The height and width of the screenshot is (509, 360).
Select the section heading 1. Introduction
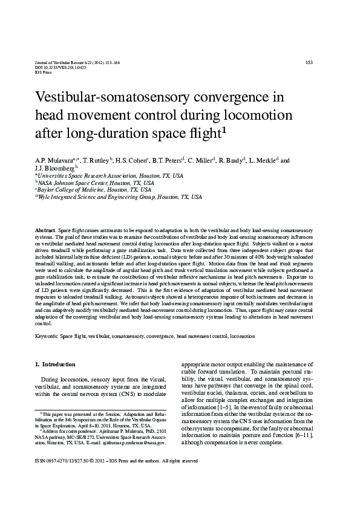[x=55, y=365]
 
